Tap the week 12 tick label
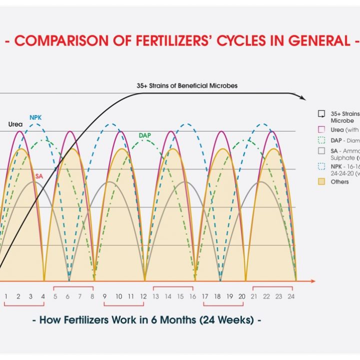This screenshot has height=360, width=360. click(143, 296)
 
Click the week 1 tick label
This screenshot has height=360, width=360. click(6, 296)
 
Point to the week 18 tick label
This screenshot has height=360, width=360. click(217, 296)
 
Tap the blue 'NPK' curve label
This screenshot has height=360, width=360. click(35, 117)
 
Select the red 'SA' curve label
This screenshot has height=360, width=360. click(39, 176)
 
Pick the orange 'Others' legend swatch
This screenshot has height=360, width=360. click(322, 181)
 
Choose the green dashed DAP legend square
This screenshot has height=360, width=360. click(322, 140)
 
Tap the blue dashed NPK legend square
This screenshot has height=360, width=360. click(322, 166)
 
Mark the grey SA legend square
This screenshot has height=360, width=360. click(322, 151)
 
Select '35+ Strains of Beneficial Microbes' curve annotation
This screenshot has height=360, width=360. click(187, 85)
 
